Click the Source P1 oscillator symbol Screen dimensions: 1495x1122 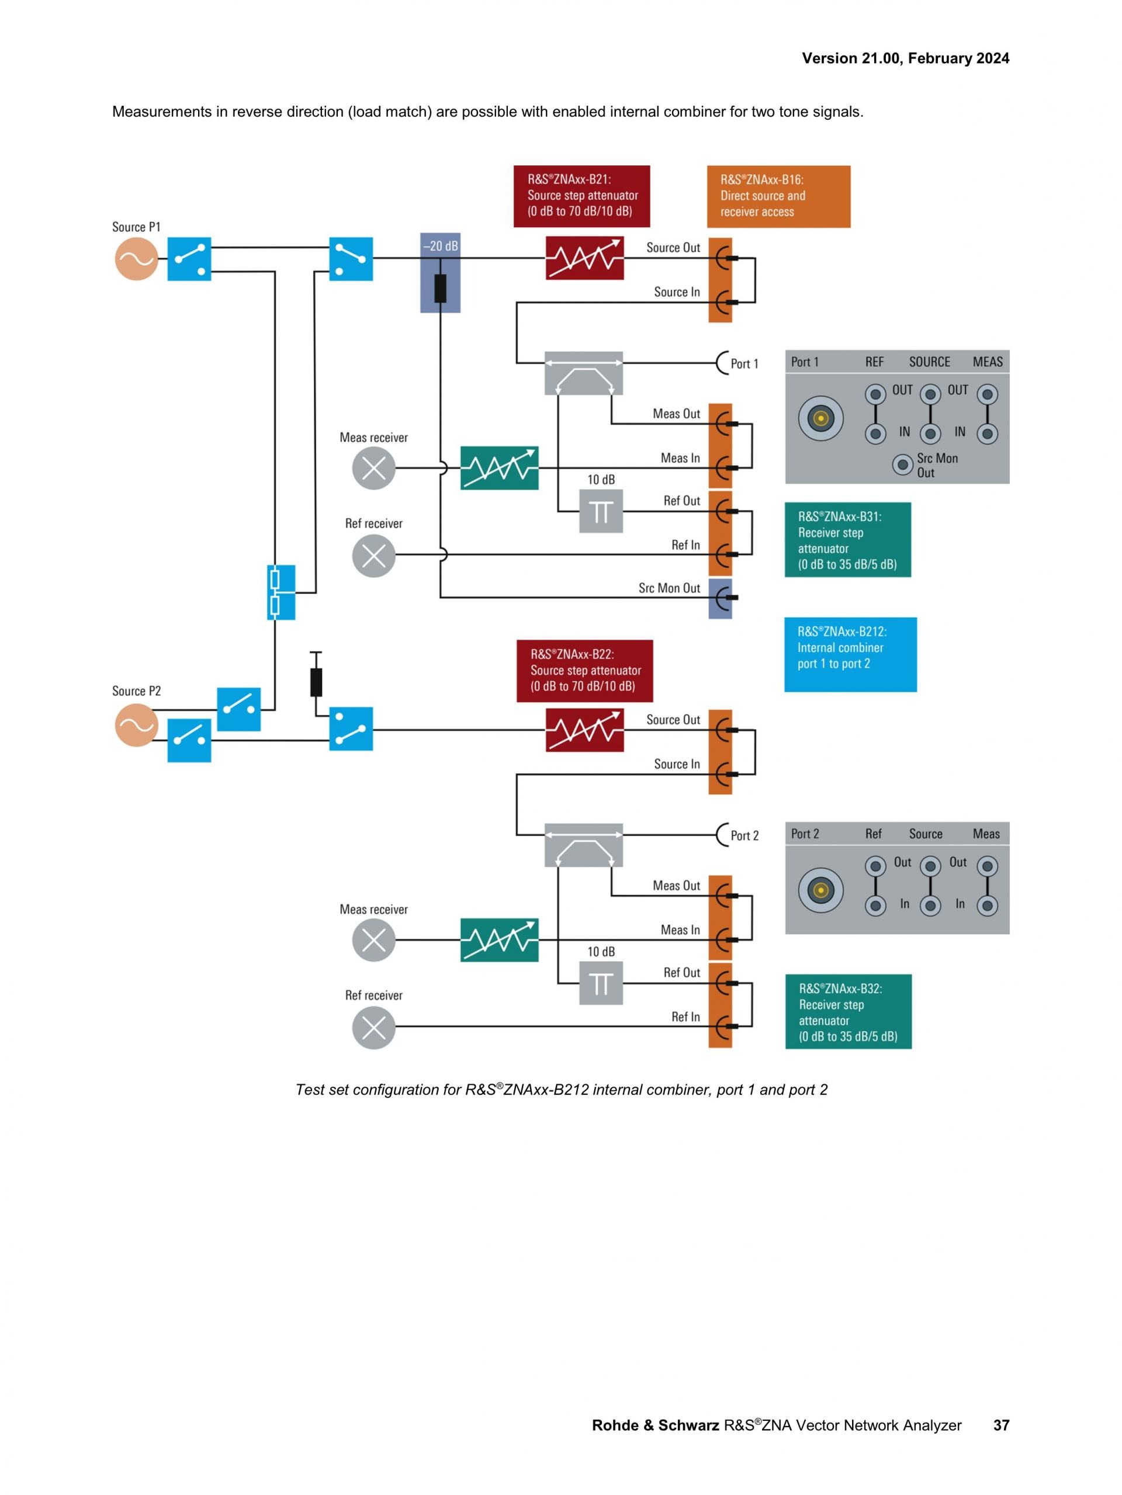coord(136,259)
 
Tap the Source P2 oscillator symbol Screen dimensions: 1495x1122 coord(136,725)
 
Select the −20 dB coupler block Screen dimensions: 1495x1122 coord(440,272)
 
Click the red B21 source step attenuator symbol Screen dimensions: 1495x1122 coord(584,258)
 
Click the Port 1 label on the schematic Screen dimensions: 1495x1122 coord(743,363)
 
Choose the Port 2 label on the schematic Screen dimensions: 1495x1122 coord(744,835)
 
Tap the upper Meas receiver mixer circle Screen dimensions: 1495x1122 coord(374,468)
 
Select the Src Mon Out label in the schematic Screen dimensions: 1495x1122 coord(669,588)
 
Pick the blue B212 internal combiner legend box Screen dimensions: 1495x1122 coord(850,654)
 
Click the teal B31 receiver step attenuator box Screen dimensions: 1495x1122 coord(847,539)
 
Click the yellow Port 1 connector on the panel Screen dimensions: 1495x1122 coord(820,418)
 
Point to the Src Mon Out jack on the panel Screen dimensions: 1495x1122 coord(902,465)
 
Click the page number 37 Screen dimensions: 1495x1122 coord(1001,1425)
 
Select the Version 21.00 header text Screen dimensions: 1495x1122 coord(905,58)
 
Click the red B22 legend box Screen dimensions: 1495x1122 coord(584,671)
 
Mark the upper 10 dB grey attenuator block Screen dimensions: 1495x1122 coord(601,512)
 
